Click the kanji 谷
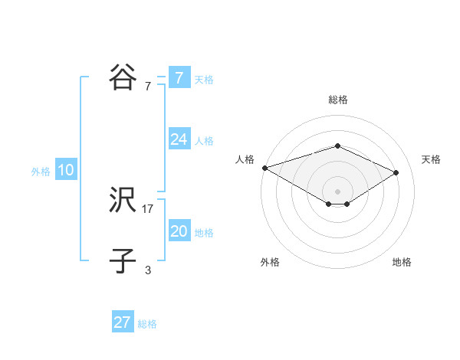pyautogui.click(x=123, y=77)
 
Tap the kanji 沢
pyautogui.click(x=123, y=201)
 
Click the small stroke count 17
pyautogui.click(x=148, y=208)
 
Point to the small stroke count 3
pyautogui.click(x=148, y=270)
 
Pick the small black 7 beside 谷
pyautogui.click(x=148, y=87)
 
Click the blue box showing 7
pyautogui.click(x=179, y=78)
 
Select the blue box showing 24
pyautogui.click(x=179, y=139)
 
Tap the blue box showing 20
pyautogui.click(x=179, y=231)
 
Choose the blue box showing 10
pyautogui.click(x=65, y=170)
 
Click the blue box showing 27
pyautogui.click(x=122, y=322)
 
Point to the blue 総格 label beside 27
pyautogui.click(x=147, y=324)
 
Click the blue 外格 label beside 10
pyautogui.click(x=41, y=172)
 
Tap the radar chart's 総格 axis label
pyautogui.click(x=338, y=100)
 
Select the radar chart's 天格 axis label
pyautogui.click(x=431, y=159)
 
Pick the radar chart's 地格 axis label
pyautogui.click(x=402, y=262)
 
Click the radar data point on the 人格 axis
pyautogui.click(x=264, y=167)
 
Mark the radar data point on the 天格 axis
pyautogui.click(x=396, y=172)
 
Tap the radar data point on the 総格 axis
pyautogui.click(x=337, y=146)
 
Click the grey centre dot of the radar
pyautogui.click(x=337, y=191)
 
